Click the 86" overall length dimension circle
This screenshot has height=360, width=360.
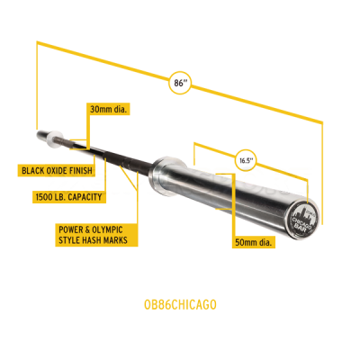[179, 83]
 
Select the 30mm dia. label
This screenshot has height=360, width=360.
[108, 109]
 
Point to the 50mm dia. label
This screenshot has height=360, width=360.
[254, 242]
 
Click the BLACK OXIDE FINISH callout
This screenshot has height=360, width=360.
[57, 171]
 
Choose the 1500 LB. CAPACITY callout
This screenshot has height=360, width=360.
[69, 197]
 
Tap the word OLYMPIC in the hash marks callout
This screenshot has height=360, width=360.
[107, 229]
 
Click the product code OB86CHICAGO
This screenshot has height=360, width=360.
[180, 304]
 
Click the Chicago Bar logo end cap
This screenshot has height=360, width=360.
[301, 216]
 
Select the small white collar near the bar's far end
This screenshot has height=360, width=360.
[54, 139]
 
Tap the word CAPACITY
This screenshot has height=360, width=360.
[85, 197]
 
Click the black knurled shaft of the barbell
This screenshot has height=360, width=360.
[114, 155]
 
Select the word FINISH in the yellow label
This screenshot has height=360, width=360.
[81, 171]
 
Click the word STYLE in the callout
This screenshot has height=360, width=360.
[69, 240]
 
